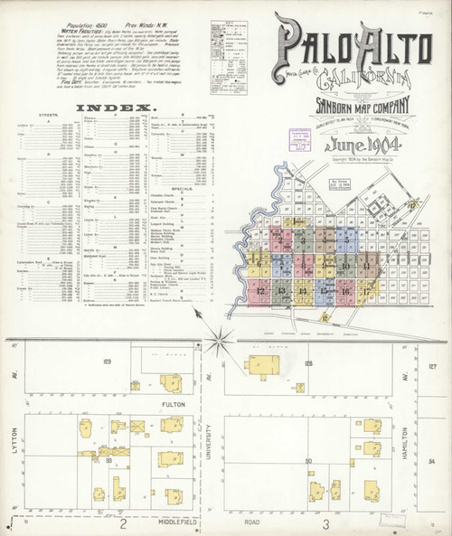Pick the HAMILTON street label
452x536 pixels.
point(421,411)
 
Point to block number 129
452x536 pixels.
point(106,362)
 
